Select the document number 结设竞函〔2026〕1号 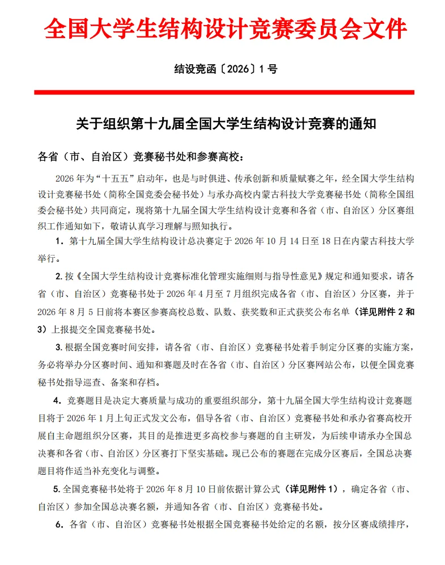[x=225, y=69]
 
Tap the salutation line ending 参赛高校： [x=142, y=156]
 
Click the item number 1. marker [x=59, y=241]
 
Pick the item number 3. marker [x=59, y=347]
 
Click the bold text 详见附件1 [x=312, y=488]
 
